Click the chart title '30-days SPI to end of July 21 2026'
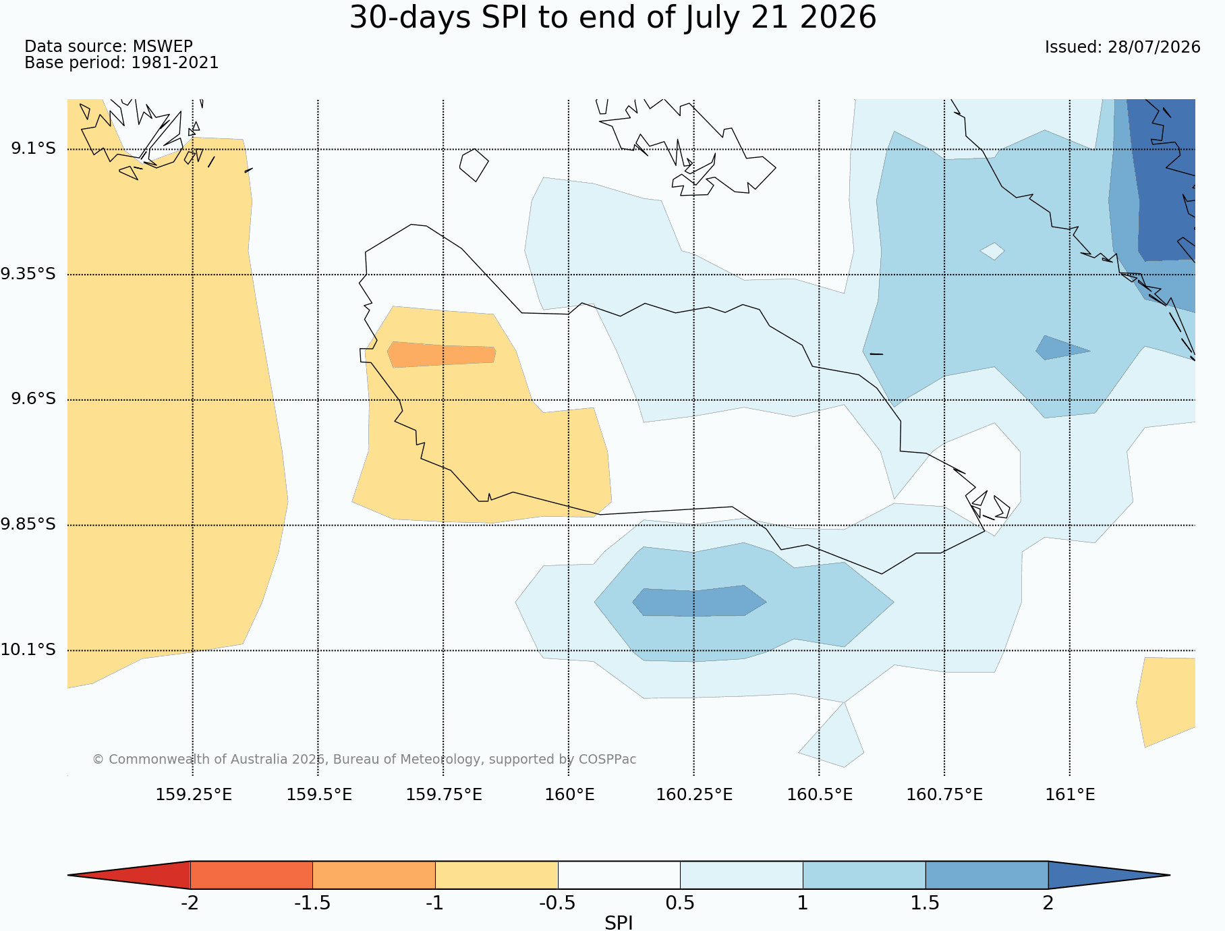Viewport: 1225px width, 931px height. [612, 18]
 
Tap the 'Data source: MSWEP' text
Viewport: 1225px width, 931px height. [109, 47]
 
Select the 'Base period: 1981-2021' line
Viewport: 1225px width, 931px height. [121, 63]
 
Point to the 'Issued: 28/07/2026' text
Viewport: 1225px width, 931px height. [1122, 47]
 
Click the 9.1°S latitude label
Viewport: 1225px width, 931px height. [33, 148]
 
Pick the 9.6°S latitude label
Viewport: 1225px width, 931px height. [33, 399]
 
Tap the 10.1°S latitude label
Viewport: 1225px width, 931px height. [28, 650]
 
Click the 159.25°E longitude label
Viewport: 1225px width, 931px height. [194, 795]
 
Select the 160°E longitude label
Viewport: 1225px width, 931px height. [570, 795]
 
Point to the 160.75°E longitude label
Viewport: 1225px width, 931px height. [944, 795]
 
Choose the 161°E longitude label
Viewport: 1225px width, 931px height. [1070, 795]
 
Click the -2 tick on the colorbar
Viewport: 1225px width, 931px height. [190, 903]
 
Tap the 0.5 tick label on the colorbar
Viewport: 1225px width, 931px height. [680, 903]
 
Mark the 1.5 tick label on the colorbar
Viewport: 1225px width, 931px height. [925, 903]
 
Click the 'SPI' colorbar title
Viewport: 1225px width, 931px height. [619, 923]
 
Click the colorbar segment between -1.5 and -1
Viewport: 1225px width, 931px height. [374, 875]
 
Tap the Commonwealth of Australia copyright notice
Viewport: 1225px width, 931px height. [364, 760]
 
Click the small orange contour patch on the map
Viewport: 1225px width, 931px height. [442, 354]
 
